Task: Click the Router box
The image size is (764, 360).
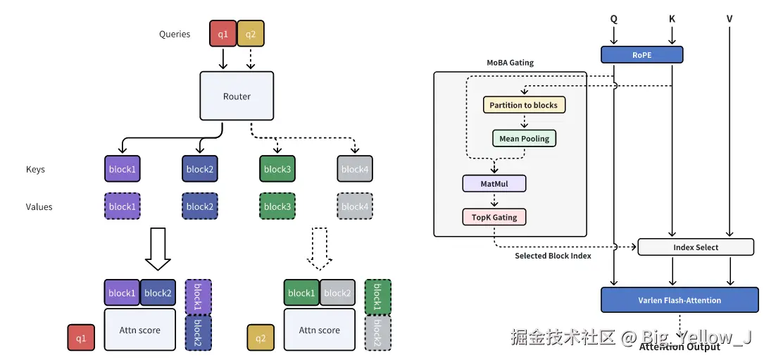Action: pos(237,96)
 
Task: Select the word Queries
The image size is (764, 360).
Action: pos(175,34)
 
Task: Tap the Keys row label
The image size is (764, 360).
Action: pos(36,169)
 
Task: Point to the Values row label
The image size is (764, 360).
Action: pos(39,206)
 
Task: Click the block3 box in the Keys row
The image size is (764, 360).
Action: pos(277,169)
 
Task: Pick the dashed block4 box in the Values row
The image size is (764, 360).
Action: pos(354,206)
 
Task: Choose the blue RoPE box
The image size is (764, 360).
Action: pos(641,54)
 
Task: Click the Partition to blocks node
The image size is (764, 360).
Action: pos(523,105)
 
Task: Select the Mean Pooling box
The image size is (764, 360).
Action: pos(524,139)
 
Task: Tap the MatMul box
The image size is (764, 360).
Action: pos(494,184)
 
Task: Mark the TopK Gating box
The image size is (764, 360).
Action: pos(494,217)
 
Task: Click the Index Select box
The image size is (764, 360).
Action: pos(696,247)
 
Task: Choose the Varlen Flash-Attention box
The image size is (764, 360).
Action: pos(680,300)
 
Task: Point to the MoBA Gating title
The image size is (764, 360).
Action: pos(511,63)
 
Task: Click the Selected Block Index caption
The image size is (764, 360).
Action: pos(553,256)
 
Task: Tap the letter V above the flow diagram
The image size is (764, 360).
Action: pos(729,19)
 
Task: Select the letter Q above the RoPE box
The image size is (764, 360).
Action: pos(614,19)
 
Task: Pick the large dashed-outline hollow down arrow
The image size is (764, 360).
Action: pos(320,249)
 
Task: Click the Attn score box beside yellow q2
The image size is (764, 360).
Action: pos(319,330)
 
